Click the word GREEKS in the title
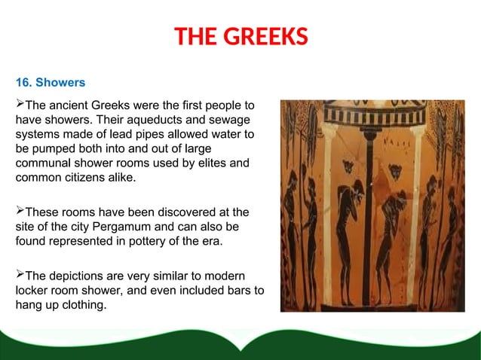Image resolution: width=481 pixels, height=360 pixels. [265, 36]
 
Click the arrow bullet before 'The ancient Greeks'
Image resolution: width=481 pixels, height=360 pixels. [20, 103]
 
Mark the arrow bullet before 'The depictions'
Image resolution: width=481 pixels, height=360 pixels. [20, 276]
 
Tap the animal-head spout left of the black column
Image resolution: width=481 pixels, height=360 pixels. [348, 164]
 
